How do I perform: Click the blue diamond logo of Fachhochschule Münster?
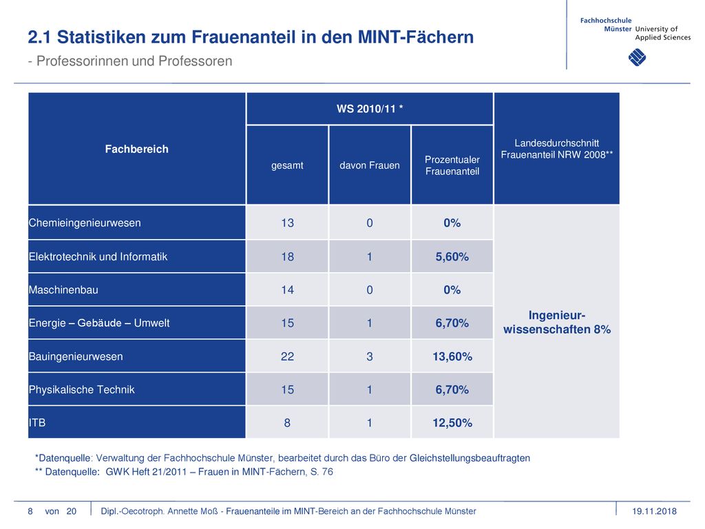[637, 57]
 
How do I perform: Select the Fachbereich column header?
[137, 149]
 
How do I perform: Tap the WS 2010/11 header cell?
[370, 109]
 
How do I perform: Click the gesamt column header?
[287, 165]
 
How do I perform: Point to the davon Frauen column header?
[370, 165]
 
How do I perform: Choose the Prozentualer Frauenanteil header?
[452, 165]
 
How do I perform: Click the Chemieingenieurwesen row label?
[85, 222]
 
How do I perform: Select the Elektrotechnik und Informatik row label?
[98, 256]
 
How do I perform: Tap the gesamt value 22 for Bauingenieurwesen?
[287, 356]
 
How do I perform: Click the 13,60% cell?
[452, 356]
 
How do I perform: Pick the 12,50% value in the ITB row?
[452, 423]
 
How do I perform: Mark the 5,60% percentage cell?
[452, 256]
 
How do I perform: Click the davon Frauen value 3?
[370, 356]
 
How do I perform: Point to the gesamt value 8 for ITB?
[287, 423]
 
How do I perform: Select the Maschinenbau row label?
[63, 290]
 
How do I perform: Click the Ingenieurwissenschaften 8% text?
[557, 322]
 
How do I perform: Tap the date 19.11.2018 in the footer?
[654, 511]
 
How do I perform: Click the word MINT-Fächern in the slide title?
[416, 37]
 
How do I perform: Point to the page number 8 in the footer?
[30, 511]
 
